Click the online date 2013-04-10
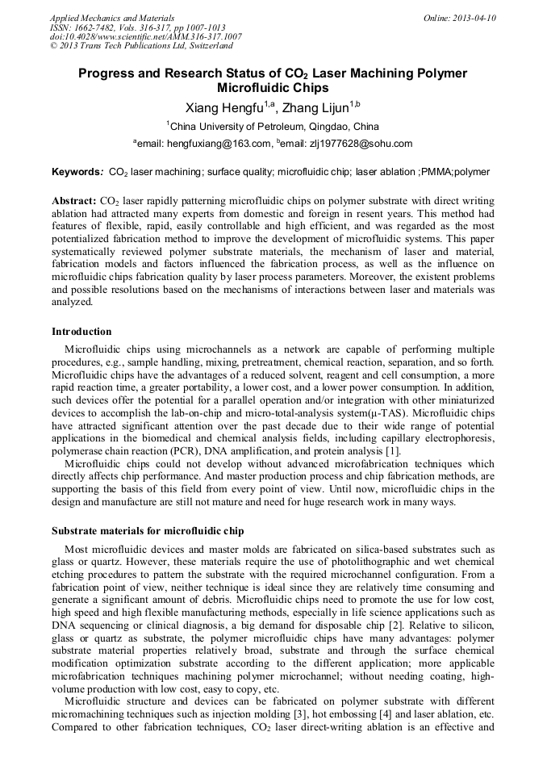(x=474, y=18)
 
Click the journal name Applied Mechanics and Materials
(x=112, y=18)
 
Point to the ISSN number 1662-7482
(x=97, y=27)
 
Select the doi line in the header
(x=145, y=37)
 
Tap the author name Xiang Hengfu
(x=219, y=107)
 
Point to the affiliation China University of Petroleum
(x=261, y=127)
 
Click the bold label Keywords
(x=77, y=172)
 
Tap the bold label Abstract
(x=73, y=200)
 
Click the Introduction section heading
(x=81, y=332)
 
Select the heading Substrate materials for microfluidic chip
(x=148, y=531)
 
